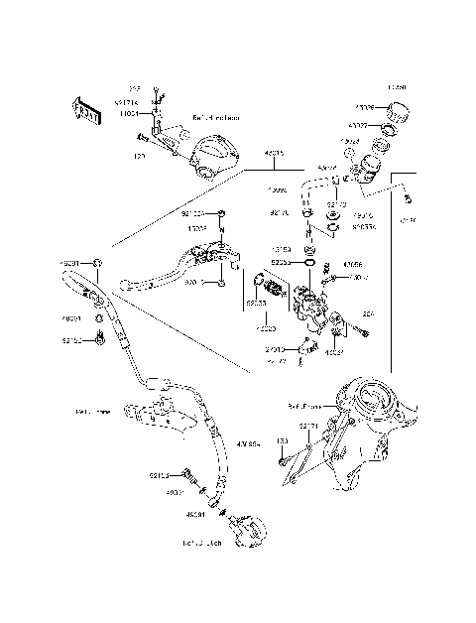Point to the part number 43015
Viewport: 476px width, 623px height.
[274, 154]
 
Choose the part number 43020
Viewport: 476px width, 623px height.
[265, 328]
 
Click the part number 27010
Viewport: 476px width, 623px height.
[275, 350]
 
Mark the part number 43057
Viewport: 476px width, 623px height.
[335, 351]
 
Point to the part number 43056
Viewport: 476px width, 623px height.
[352, 265]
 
